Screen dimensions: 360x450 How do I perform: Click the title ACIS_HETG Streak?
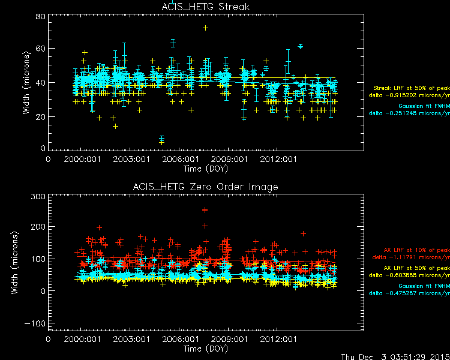point(206,7)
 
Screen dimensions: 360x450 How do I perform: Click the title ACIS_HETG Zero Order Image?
point(206,187)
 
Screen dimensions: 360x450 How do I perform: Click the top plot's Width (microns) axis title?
point(26,83)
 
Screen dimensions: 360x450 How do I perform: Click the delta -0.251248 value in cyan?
point(409,113)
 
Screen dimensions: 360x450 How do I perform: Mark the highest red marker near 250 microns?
point(205,210)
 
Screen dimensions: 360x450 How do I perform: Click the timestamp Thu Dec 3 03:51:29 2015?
point(395,356)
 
